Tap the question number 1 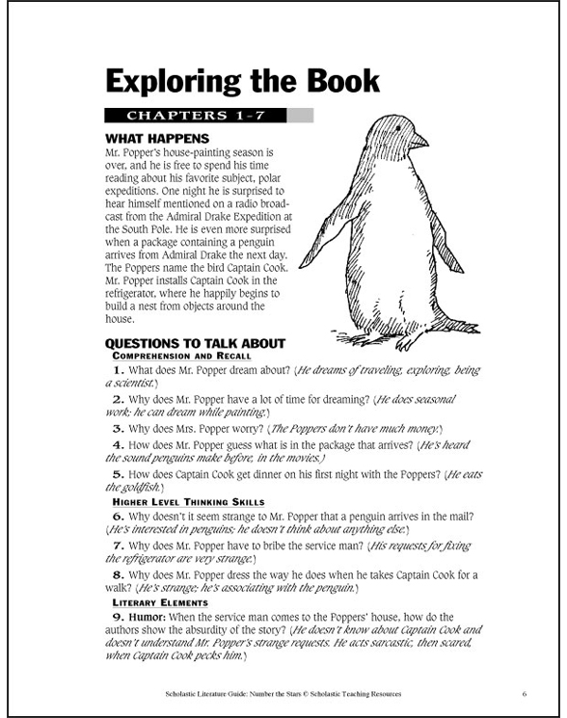click(118, 370)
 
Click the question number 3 click(118, 427)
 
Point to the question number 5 click(118, 475)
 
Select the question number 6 click(118, 518)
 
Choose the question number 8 click(118, 574)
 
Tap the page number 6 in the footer click(523, 693)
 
